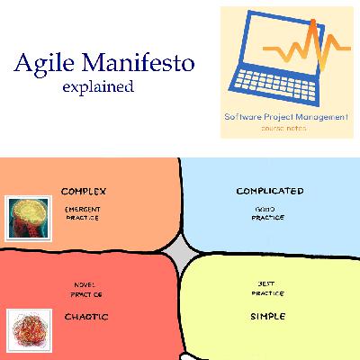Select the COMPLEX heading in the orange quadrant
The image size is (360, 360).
click(x=84, y=192)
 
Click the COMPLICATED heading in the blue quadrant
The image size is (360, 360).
click(x=269, y=192)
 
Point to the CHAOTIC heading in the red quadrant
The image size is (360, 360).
click(x=86, y=317)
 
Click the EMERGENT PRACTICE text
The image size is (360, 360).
click(x=82, y=213)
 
